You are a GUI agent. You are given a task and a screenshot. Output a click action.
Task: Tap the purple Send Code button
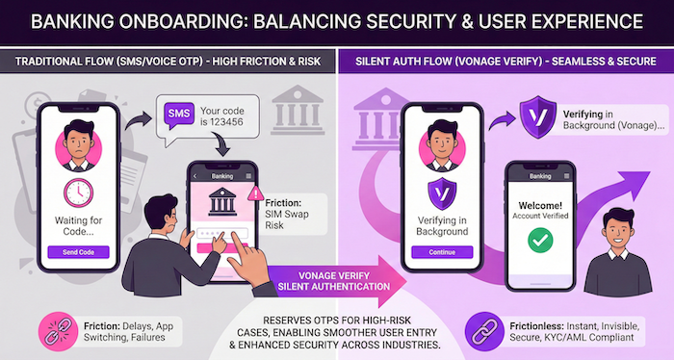tap(78, 252)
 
